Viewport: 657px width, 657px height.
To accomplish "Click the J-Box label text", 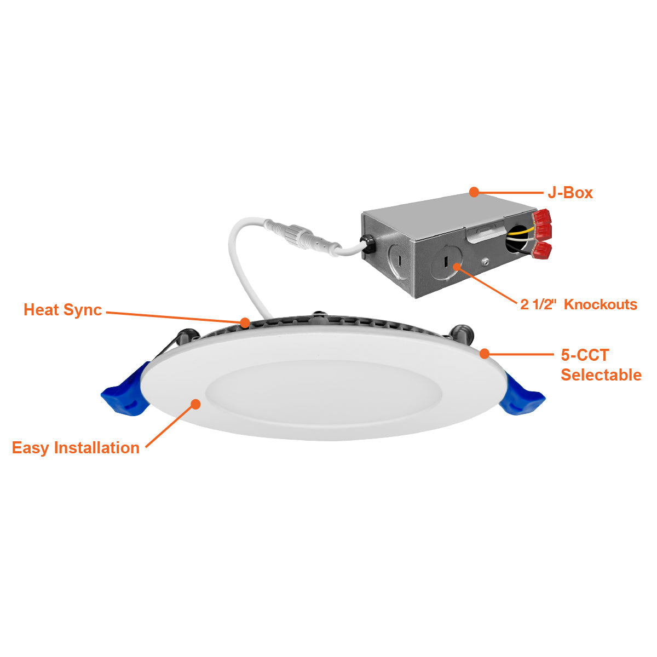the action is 570,193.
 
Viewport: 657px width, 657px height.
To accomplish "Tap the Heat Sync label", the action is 63,310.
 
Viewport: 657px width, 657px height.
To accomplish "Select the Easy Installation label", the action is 76,448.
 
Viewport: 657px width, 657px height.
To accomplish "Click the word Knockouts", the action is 601,304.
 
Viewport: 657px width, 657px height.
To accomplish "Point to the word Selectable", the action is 601,374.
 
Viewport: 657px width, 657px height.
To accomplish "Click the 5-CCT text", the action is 585,355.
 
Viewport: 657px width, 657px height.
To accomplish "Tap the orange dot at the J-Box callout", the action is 474,192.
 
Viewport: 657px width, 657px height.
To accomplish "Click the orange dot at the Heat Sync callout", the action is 245,322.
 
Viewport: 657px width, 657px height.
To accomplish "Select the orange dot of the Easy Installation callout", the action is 195,404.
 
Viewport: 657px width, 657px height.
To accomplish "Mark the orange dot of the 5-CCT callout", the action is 485,354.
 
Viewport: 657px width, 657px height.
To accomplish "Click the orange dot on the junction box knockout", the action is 457,266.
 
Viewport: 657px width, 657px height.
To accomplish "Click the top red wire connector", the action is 543,216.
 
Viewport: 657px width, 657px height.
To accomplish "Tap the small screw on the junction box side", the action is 486,262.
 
